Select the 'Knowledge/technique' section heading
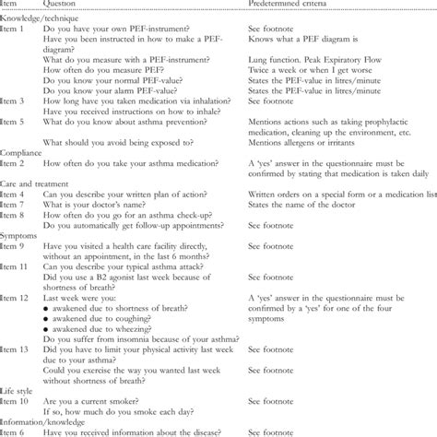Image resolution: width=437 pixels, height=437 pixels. [x=41, y=18]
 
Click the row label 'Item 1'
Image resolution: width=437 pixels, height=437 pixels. [x=16, y=30]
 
